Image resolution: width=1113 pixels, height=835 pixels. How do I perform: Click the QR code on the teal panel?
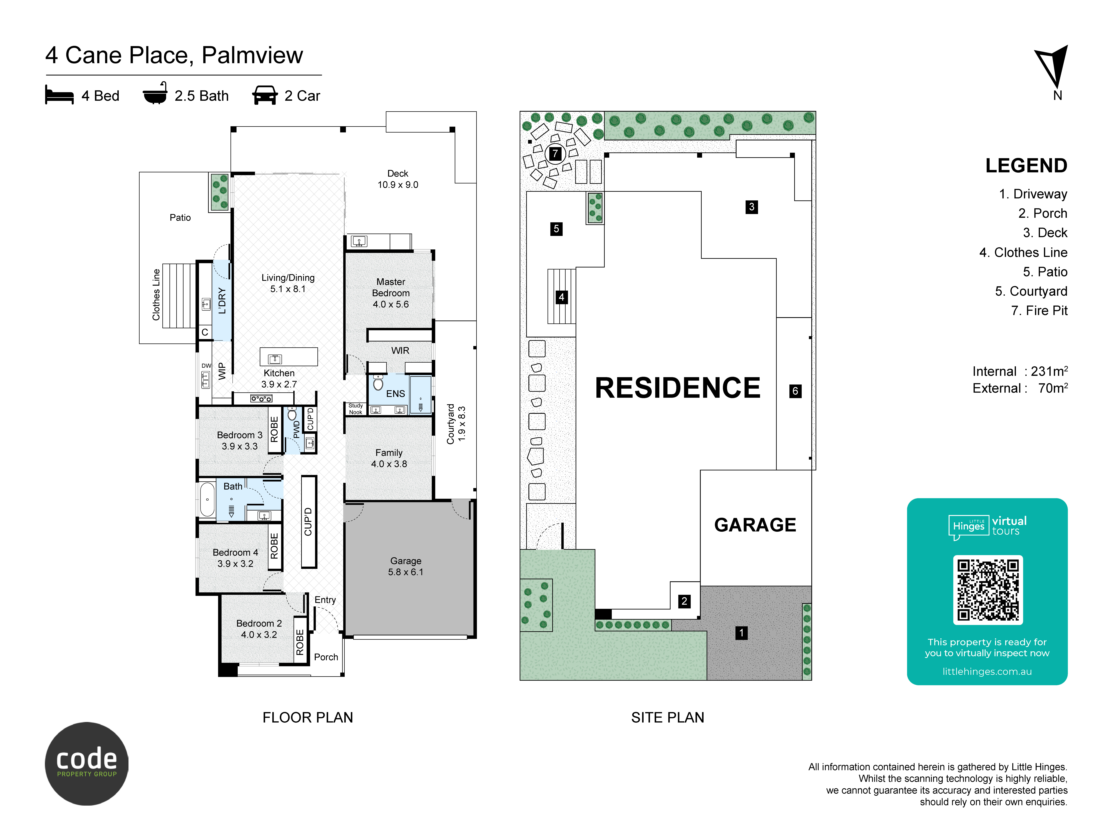pos(988,589)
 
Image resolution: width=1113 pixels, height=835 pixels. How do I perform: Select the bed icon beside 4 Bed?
pos(59,95)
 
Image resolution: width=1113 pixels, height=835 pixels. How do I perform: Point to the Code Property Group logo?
pos(87,764)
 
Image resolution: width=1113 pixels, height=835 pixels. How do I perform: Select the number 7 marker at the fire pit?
pos(555,154)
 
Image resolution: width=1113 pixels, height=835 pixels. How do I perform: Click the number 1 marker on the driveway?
pos(741,633)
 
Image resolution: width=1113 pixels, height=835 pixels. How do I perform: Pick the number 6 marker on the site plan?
pos(795,391)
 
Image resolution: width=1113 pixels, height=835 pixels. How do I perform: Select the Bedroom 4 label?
pos(235,558)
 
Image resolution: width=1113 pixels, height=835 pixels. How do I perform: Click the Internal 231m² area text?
pos(1020,371)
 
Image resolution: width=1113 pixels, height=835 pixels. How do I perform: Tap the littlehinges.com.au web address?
pos(987,671)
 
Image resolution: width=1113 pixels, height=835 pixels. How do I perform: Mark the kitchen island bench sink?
pos(275,359)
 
